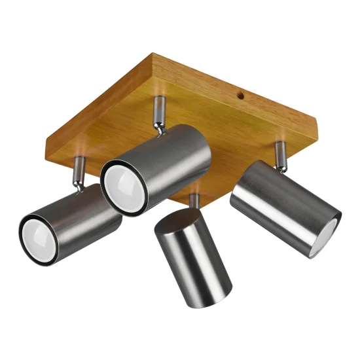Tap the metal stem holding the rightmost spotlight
pyautogui.click(x=279, y=155)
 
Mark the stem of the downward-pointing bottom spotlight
pyautogui.click(x=194, y=202)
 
